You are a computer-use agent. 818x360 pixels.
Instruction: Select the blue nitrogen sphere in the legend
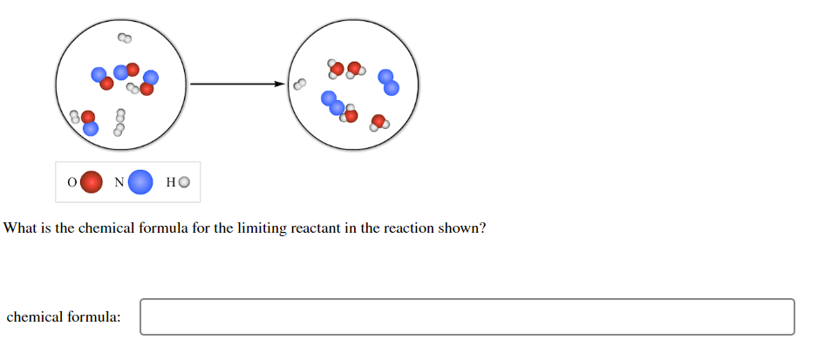point(141,182)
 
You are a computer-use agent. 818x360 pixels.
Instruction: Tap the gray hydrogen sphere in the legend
point(184,182)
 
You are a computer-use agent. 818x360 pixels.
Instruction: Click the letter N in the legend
point(119,182)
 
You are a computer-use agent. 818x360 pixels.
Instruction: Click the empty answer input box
point(467,316)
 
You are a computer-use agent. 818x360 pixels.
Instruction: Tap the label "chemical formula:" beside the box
point(64,317)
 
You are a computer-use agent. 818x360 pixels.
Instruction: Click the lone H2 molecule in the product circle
point(300,85)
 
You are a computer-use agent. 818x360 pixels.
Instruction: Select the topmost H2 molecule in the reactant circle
point(125,38)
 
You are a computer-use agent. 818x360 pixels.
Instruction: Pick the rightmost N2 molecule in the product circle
point(388,83)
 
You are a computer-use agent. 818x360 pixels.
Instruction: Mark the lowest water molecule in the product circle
point(379,122)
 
